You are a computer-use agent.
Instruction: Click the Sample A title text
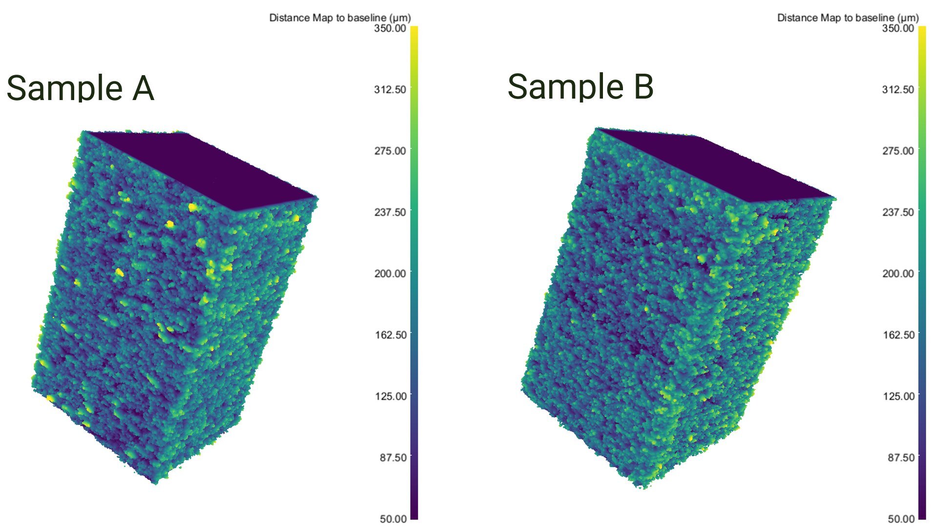(x=80, y=88)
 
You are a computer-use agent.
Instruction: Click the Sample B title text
(x=580, y=86)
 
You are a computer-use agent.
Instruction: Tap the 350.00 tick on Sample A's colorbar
(x=390, y=28)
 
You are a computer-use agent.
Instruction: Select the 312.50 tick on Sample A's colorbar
(x=390, y=90)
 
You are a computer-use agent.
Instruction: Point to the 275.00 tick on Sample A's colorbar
(x=390, y=151)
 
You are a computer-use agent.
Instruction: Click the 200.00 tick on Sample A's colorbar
(x=390, y=273)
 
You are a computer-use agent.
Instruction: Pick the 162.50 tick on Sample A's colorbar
(x=390, y=335)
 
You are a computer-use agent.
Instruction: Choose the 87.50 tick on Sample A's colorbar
(x=393, y=457)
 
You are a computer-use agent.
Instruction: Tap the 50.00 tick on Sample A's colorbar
(x=393, y=519)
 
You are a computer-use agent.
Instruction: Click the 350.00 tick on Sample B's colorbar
(x=898, y=28)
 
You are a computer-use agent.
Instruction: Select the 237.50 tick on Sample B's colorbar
(x=898, y=212)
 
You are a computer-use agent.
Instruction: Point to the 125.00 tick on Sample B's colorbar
(x=898, y=396)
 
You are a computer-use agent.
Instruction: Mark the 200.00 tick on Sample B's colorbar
(x=898, y=273)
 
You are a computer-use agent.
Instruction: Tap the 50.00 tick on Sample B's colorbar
(x=901, y=519)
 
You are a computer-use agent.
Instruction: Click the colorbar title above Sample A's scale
(x=340, y=18)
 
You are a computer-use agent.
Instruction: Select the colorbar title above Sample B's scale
(x=848, y=18)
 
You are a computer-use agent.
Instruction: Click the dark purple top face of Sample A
(x=210, y=168)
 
